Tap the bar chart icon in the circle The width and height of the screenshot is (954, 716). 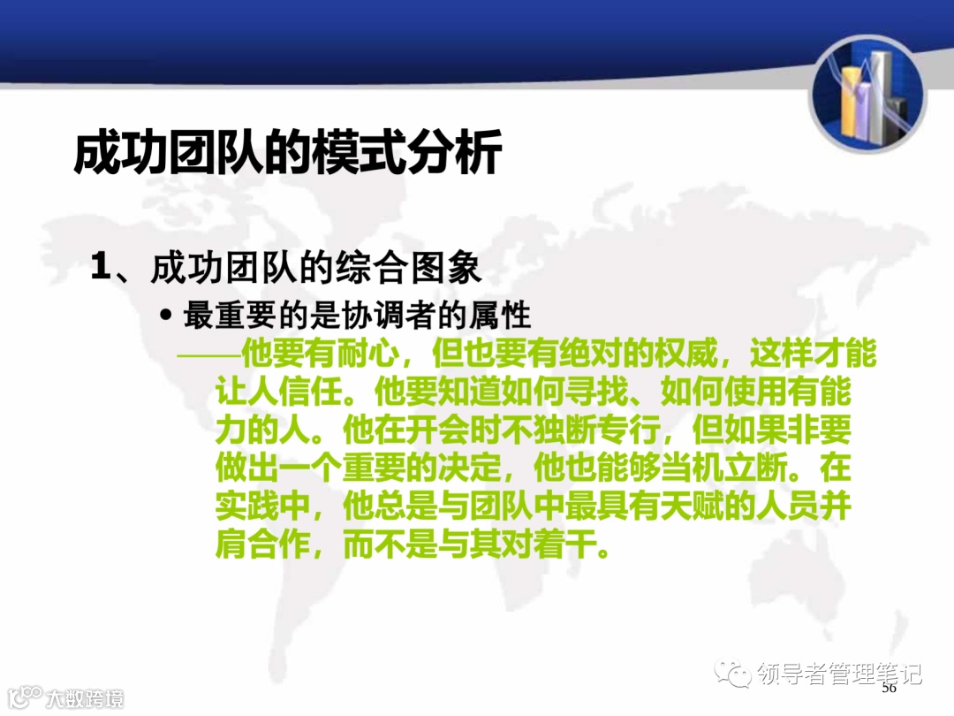(867, 94)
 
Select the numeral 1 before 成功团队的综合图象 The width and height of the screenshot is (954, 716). (102, 267)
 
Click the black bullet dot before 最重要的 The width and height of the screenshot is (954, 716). (165, 316)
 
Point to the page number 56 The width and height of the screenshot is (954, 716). (889, 688)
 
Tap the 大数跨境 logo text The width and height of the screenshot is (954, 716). (85, 697)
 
